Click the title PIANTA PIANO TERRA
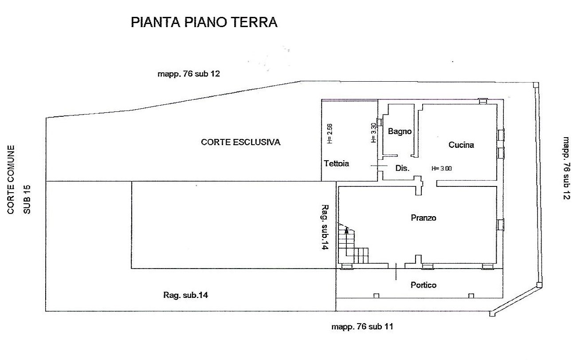[204, 22]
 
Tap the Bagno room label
[400, 131]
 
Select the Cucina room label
[461, 145]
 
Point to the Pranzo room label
[424, 218]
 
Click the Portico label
[424, 285]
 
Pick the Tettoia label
[336, 163]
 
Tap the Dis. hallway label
[402, 168]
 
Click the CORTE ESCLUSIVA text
[240, 142]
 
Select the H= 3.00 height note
[442, 169]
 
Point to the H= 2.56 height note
[330, 133]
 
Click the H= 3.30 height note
[373, 133]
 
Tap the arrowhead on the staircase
[346, 230]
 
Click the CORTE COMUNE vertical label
[11, 180]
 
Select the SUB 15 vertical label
[27, 199]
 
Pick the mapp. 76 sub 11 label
[362, 327]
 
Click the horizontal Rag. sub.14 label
[185, 295]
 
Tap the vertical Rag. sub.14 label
[325, 227]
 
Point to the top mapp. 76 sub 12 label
[188, 74]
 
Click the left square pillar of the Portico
[377, 296]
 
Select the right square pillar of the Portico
[471, 296]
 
